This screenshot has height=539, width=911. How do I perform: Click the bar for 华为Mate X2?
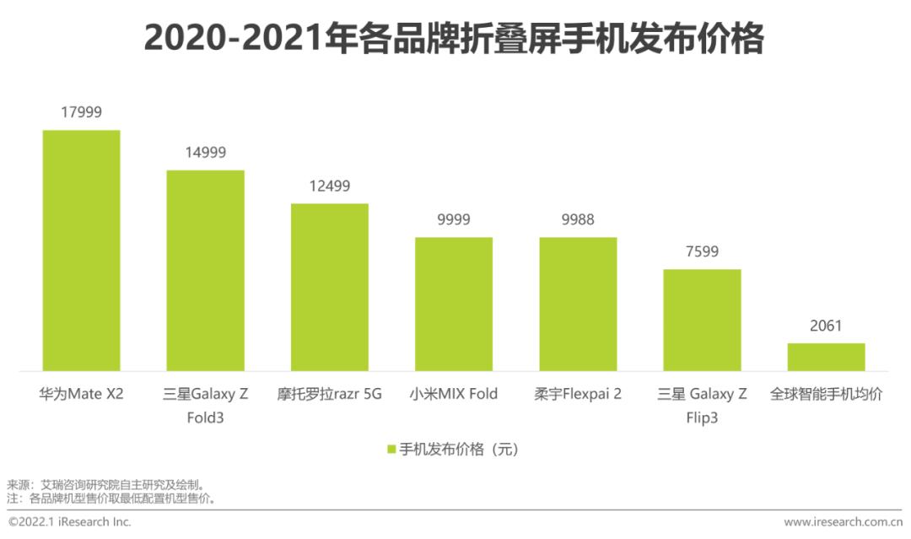pyautogui.click(x=81, y=251)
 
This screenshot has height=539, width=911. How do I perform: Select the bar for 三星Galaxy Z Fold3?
pyautogui.click(x=205, y=270)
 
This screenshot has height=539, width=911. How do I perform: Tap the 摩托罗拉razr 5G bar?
pyautogui.click(x=330, y=287)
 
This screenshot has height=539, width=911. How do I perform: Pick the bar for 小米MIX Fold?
pyautogui.click(x=454, y=304)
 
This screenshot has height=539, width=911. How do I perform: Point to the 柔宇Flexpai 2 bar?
pyautogui.click(x=578, y=304)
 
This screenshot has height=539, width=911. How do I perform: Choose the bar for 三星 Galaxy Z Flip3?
pyautogui.click(x=702, y=320)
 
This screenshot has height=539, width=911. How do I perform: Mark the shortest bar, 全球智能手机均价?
pyautogui.click(x=826, y=357)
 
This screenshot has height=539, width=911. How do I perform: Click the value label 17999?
pyautogui.click(x=81, y=111)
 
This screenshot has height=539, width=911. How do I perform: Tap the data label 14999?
pyautogui.click(x=205, y=153)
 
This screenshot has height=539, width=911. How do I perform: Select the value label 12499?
pyautogui.click(x=330, y=186)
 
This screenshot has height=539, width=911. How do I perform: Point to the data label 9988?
pyautogui.click(x=578, y=219)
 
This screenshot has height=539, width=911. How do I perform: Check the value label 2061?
pyautogui.click(x=826, y=326)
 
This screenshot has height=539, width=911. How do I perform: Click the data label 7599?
pyautogui.click(x=702, y=251)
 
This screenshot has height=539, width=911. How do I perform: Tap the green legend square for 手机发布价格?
pyautogui.click(x=391, y=450)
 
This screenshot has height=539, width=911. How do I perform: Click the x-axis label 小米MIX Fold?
pyautogui.click(x=454, y=394)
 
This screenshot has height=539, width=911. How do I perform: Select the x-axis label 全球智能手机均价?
pyautogui.click(x=826, y=394)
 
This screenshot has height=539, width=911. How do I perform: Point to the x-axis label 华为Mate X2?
pyautogui.click(x=81, y=394)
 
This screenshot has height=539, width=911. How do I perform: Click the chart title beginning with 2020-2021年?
pyautogui.click(x=454, y=39)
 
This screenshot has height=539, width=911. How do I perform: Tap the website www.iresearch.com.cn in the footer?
pyautogui.click(x=843, y=522)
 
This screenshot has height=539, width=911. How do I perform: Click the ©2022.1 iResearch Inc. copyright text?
pyautogui.click(x=70, y=522)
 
